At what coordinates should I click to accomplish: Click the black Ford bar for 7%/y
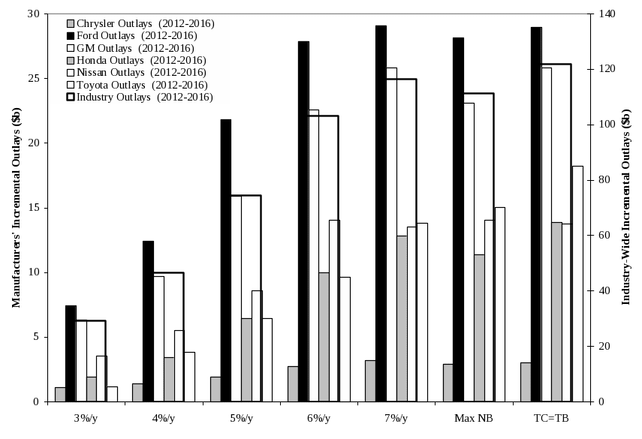coord(381,213)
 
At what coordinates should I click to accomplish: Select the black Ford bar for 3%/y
coord(71,353)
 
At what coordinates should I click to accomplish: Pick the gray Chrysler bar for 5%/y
coord(215,389)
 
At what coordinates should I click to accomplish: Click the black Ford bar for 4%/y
coord(148,320)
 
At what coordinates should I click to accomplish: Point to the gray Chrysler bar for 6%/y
coord(293,383)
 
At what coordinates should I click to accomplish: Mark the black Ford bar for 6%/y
coord(303,221)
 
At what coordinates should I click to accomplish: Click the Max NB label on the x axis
coord(475,417)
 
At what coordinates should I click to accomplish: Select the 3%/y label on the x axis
coord(86,417)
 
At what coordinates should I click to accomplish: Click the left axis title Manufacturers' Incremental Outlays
coord(16,207)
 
